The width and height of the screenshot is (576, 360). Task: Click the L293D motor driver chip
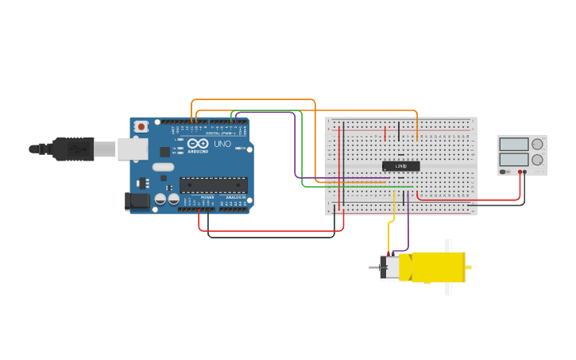[401, 166]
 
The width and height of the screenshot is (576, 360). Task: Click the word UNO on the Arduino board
[222, 145]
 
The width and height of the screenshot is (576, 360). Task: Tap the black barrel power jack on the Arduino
[137, 202]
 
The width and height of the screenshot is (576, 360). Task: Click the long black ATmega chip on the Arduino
[213, 185]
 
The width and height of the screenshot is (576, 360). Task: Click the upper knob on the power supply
[538, 145]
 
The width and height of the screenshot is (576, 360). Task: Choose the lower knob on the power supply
[538, 160]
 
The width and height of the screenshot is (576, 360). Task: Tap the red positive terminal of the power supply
[520, 172]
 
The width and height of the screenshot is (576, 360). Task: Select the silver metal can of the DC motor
[390, 268]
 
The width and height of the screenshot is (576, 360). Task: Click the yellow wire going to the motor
[394, 211]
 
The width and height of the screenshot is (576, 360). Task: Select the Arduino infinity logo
[198, 144]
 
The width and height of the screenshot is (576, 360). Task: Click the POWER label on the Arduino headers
[207, 197]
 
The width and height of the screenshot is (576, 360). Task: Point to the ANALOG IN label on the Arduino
[235, 197]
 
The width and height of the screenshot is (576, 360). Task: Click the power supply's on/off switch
[504, 172]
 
